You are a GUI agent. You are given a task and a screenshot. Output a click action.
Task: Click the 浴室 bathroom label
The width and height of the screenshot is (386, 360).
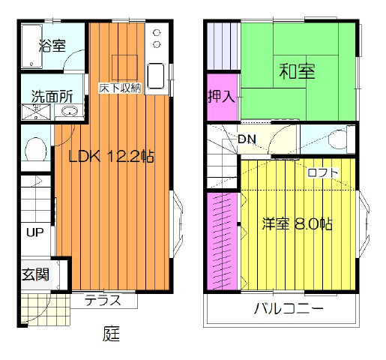tap(52, 46)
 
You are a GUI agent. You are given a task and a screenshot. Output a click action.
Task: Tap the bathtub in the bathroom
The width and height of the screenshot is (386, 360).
tap(31, 46)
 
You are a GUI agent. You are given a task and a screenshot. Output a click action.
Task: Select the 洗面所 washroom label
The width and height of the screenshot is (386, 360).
tap(52, 97)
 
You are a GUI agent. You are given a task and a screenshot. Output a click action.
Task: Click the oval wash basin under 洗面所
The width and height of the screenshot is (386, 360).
tap(70, 111)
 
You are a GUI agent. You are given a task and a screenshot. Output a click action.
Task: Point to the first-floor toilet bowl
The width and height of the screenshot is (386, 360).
tap(36, 149)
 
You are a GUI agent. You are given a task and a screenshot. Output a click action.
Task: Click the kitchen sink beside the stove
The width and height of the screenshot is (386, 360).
tap(156, 76)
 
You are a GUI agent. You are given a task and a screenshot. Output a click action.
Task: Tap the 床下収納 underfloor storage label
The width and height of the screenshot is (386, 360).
tap(120, 88)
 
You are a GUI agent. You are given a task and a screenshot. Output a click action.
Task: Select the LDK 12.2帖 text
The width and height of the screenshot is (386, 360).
tap(112, 157)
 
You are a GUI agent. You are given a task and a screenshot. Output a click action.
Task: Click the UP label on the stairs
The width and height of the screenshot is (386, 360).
tap(35, 232)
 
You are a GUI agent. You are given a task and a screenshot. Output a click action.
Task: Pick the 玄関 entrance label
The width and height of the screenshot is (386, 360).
tap(35, 274)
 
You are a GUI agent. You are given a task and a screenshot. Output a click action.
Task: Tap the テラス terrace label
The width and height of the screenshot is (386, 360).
tap(103, 300)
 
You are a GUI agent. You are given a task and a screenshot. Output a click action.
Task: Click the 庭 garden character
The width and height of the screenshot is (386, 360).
tap(111, 334)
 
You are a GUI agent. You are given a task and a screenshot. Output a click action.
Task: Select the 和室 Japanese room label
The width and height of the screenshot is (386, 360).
tap(297, 71)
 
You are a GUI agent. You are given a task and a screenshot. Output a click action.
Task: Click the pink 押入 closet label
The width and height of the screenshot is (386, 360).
tap(221, 96)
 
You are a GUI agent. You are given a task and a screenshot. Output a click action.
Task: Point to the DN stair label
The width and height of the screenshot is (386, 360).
tap(247, 139)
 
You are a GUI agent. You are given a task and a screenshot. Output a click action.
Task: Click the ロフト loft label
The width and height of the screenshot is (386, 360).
tap(323, 172)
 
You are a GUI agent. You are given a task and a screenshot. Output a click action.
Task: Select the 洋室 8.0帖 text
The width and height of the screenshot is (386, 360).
tap(297, 224)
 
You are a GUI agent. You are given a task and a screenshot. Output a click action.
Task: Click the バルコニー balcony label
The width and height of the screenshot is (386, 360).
tap(289, 308)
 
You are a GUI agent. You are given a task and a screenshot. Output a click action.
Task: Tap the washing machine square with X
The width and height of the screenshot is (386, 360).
tap(36, 112)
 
